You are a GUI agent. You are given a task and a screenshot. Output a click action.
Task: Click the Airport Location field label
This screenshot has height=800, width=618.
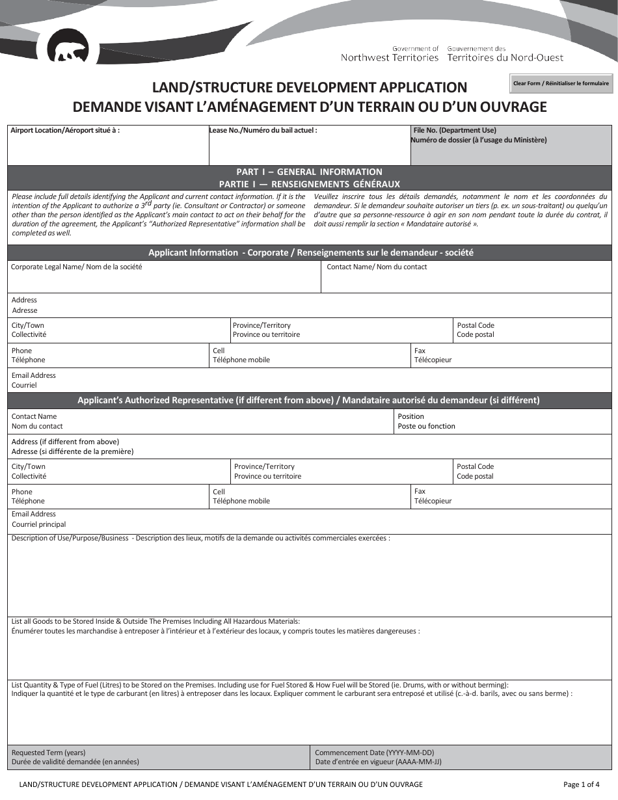pos(65,130)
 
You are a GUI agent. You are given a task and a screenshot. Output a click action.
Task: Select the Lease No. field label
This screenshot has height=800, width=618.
pos(263,130)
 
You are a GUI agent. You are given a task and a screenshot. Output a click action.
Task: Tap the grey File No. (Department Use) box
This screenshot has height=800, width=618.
pos(511,144)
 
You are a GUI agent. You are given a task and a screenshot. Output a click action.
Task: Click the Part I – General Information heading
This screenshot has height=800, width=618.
pos(309,172)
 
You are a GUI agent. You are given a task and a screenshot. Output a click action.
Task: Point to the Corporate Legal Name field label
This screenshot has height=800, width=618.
pos(77,267)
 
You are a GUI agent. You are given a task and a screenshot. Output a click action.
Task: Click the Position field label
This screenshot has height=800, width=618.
pos(410,416)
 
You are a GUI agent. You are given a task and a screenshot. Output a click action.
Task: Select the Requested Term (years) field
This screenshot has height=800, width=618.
pos(159,757)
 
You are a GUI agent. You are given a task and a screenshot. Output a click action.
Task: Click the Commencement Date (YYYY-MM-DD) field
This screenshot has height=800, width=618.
pos(461,757)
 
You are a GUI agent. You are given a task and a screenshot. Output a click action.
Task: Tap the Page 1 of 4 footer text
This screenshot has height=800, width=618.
pos(581,784)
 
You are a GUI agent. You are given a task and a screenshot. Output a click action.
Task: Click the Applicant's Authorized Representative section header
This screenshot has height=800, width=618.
pos(309,401)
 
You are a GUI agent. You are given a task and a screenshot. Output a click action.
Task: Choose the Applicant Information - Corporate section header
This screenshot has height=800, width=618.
pos(309,253)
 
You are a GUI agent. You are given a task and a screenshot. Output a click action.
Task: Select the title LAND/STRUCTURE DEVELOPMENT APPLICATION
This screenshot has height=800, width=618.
pos(309,87)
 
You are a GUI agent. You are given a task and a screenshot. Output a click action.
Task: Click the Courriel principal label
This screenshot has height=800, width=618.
pos(38,524)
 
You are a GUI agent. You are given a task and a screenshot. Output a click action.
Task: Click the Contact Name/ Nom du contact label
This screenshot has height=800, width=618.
pos(377,267)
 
